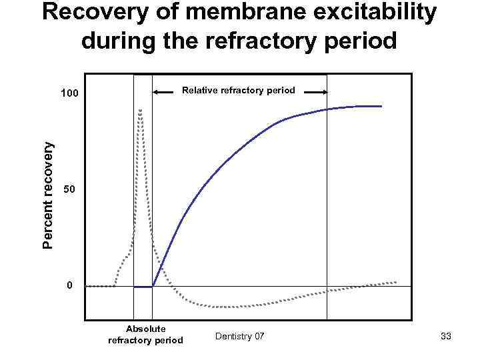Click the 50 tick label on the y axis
(x=69, y=191)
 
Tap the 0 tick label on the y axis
(x=69, y=286)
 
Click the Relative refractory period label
(x=239, y=90)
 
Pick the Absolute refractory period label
(x=145, y=334)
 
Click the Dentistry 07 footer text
(x=240, y=337)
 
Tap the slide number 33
(x=446, y=337)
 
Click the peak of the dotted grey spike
(x=140, y=110)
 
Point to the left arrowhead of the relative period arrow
(x=155, y=93)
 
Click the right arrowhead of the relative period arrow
(x=325, y=93)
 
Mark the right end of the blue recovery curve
(x=381, y=106)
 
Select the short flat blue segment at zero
(x=143, y=287)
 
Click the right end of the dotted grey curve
(x=396, y=282)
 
